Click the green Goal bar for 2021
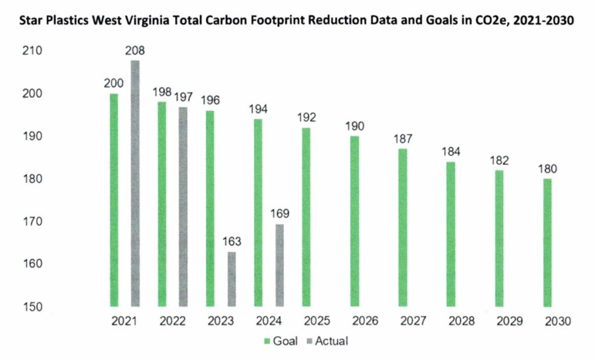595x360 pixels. (x=114, y=200)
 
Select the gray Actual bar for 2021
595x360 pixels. (x=135, y=183)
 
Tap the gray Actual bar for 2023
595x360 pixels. (x=231, y=279)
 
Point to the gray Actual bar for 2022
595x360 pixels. (x=183, y=207)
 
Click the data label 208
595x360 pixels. (x=135, y=51)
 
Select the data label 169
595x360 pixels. (x=279, y=214)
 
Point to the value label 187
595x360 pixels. (x=403, y=139)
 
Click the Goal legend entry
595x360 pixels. (x=281, y=341)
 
